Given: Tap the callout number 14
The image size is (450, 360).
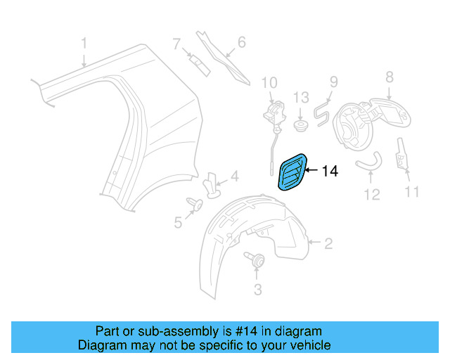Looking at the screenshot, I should pos(330,170).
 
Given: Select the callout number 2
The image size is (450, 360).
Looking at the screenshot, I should pos(328,244).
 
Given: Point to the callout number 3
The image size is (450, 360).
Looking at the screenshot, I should pos(257,289).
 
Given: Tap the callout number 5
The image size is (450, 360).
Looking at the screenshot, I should pos(177,222).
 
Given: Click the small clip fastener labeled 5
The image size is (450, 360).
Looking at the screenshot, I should pos(195,203).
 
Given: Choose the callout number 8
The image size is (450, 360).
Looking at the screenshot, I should pos(389,77).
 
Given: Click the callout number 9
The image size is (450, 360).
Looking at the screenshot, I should pos(333,82).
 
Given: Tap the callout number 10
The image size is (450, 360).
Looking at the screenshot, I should pos(269,82).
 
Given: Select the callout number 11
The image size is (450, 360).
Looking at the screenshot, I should pos(411,191).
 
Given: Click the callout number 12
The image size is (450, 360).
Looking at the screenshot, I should pos(371,193).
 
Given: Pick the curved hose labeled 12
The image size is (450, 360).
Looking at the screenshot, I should pos(368,165).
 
